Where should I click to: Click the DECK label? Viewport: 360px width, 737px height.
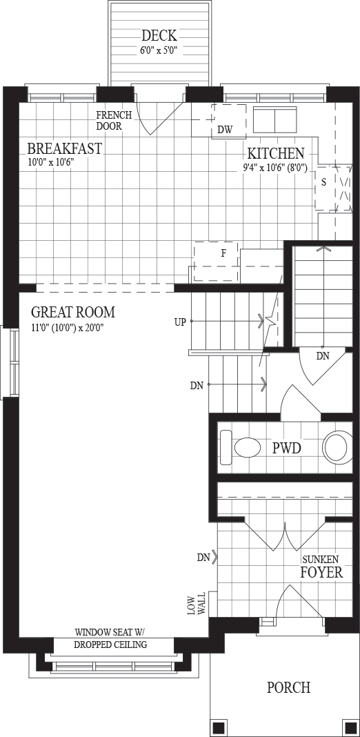coord(159,35)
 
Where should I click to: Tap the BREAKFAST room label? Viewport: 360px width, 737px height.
coord(64,148)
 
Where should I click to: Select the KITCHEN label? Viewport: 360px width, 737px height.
coord(276,154)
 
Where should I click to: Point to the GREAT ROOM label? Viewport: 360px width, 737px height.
coord(73,312)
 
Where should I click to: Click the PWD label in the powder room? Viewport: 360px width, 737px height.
coord(287,449)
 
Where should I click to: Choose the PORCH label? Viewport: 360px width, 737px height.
coord(288,687)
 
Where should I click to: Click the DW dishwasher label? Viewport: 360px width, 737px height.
coord(225,130)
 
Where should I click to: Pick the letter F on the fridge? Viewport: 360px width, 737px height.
coord(223,253)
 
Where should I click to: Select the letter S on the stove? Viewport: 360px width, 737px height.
coord(324,183)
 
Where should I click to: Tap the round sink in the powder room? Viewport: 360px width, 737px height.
coord(337,447)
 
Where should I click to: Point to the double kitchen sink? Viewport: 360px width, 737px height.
coord(275,120)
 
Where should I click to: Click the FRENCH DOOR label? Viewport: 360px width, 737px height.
coord(114,121)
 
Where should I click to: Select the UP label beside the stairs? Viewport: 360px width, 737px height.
coord(180,322)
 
